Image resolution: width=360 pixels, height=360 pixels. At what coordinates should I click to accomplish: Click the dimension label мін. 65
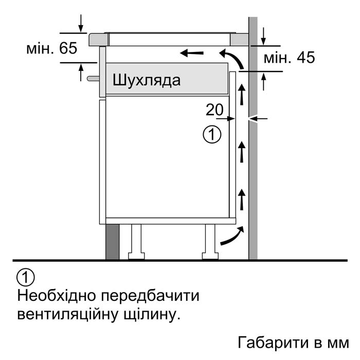click(51, 48)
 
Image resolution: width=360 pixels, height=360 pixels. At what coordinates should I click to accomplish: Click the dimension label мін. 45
click(289, 58)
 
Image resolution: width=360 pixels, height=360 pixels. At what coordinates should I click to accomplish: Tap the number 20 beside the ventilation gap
click(214, 110)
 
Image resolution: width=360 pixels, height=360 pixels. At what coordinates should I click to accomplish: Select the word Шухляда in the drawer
click(147, 80)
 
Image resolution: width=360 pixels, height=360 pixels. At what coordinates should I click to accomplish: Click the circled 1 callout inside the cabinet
click(212, 135)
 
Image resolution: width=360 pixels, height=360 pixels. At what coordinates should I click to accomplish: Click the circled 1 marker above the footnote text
click(26, 277)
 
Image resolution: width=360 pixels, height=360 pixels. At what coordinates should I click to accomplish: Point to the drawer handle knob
click(93, 79)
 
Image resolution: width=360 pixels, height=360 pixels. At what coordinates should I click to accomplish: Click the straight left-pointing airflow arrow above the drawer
click(192, 53)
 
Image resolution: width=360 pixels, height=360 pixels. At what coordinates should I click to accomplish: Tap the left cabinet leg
click(136, 242)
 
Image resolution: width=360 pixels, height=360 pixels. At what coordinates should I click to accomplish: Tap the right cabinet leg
click(210, 242)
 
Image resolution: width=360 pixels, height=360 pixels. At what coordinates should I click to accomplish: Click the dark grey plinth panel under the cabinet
click(113, 242)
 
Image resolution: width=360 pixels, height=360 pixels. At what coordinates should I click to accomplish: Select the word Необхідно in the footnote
click(57, 296)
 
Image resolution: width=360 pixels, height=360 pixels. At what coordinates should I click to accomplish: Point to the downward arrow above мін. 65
click(81, 23)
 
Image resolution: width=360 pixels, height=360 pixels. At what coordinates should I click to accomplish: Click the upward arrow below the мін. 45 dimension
click(264, 81)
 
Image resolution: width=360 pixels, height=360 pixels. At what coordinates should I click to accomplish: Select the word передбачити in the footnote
click(150, 296)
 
